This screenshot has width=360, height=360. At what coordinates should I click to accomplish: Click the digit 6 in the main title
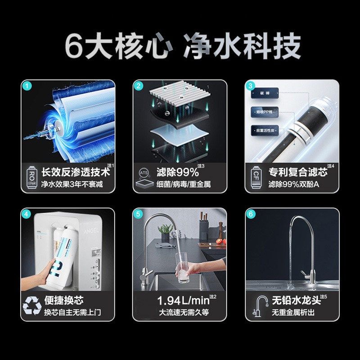pos(74,46)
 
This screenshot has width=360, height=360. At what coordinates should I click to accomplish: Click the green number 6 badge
pos(251,214)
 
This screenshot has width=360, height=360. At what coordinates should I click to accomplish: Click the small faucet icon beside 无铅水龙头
pos(260,306)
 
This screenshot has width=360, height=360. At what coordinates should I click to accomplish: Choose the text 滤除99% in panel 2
pos(177,172)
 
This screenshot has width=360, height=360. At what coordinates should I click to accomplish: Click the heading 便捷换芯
pos(63,301)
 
